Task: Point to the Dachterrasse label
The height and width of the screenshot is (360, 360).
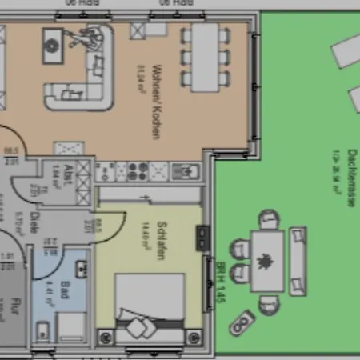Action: (x=350, y=179)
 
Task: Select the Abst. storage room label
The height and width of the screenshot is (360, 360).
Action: (x=70, y=173)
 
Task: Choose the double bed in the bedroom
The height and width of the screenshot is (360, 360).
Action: (x=150, y=308)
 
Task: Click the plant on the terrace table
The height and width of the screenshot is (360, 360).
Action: (x=266, y=261)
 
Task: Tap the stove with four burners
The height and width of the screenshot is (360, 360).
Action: (x=137, y=171)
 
